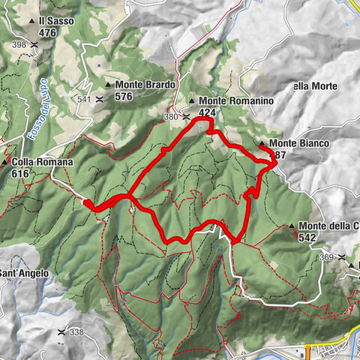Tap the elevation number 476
[x=48, y=32]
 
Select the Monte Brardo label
[x=144, y=85]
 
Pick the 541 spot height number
[x=82, y=99]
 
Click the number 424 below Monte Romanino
[x=208, y=112]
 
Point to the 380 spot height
[x=171, y=116]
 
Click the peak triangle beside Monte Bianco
[x=261, y=143]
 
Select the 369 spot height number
[x=325, y=257]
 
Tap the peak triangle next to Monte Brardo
[x=108, y=85]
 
